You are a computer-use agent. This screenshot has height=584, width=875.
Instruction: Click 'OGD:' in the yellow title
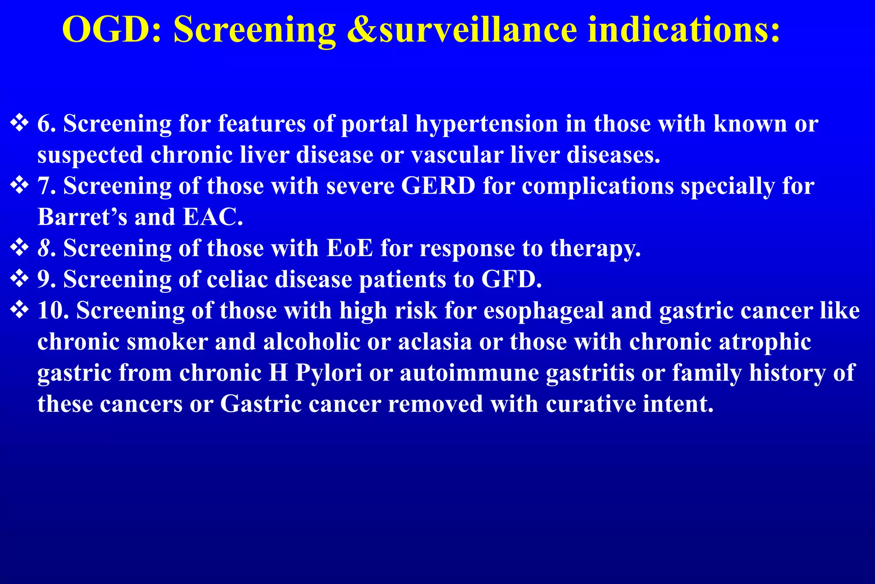(112, 30)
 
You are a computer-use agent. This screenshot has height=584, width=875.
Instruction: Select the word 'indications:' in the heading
(684, 30)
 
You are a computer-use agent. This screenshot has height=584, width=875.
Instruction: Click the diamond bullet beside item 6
(19, 124)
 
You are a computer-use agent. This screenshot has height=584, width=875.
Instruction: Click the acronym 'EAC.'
(213, 217)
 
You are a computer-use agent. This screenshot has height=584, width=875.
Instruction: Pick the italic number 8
(44, 248)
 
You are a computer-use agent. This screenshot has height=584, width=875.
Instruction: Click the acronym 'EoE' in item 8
(349, 248)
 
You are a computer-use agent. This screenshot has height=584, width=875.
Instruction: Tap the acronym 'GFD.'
(511, 280)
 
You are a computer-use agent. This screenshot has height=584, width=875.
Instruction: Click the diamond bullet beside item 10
(19, 310)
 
